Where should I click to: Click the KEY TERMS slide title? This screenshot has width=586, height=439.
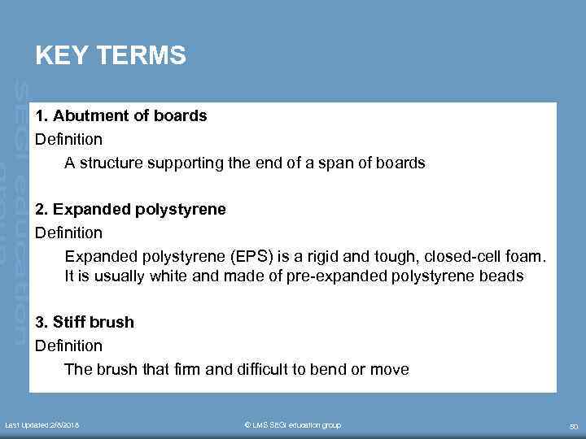pos(111,56)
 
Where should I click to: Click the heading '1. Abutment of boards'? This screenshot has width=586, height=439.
pos(121,115)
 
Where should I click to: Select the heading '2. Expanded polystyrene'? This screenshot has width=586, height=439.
pos(130,209)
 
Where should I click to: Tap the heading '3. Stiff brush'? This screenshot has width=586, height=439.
pos(85,322)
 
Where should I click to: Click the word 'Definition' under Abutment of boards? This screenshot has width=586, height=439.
pos(68,139)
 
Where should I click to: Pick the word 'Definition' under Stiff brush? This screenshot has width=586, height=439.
pos(68,346)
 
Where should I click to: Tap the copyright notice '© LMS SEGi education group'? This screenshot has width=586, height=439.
pos(293,425)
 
